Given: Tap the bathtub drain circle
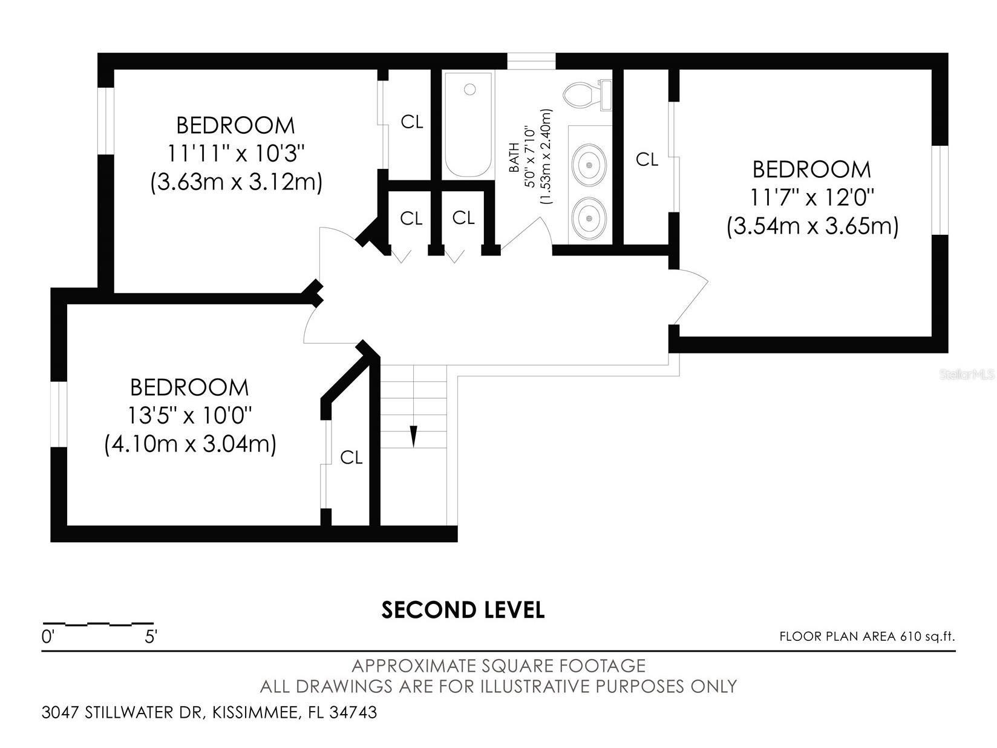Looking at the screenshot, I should pos(469,90).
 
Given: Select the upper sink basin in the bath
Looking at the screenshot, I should pos(588,164).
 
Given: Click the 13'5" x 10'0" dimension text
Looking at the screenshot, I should pos(189,416).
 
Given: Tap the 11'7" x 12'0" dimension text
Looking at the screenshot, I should pos(812,197).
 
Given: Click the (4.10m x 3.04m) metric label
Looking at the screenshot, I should pos(190,444).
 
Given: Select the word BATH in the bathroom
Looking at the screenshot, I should pos(514,157).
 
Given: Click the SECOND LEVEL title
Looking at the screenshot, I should pos(463,610).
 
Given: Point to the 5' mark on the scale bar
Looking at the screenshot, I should pos(151,637).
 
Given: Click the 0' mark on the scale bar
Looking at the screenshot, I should pos(47,637).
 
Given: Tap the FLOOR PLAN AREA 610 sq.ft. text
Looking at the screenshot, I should pos(866,636).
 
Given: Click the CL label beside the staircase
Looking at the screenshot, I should pos(351,458).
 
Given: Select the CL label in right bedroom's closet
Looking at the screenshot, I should pos(647,160).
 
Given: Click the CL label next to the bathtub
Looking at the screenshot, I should pos(412,122).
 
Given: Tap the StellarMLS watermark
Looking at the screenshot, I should pos(966,375).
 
